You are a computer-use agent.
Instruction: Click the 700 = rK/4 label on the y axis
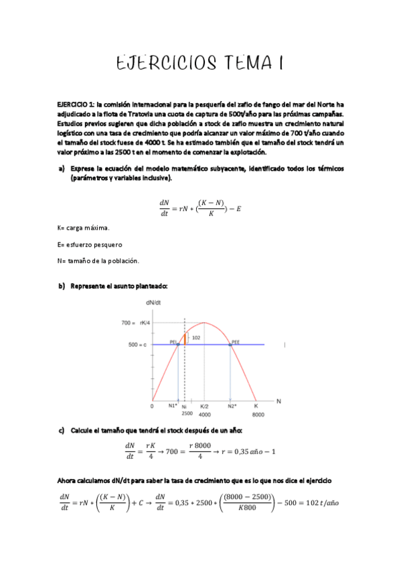[x=135, y=323]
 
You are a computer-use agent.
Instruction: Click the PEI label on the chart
[x=173, y=341]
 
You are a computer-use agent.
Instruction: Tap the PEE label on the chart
[x=235, y=341]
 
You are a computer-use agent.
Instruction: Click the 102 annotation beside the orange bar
[x=195, y=338]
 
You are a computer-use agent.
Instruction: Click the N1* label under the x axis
[x=173, y=406]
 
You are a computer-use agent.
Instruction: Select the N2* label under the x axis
[x=232, y=406]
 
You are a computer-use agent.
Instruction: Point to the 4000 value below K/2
[x=204, y=414]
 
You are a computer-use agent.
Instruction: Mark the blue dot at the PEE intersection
[x=230, y=344]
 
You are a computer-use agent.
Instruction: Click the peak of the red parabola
[x=204, y=323]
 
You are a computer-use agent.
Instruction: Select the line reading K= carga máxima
[x=83, y=228]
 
